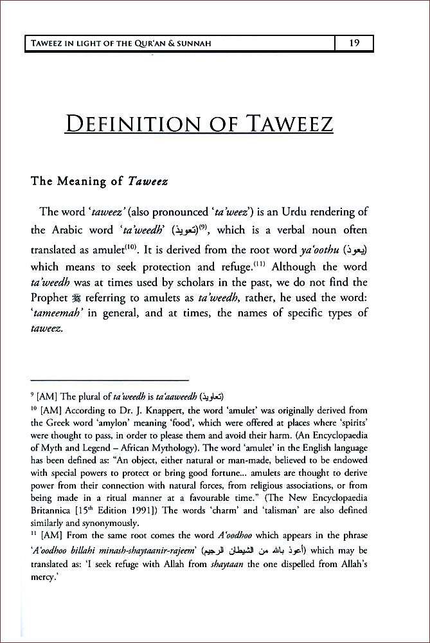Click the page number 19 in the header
(354, 44)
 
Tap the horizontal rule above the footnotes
(110, 380)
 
